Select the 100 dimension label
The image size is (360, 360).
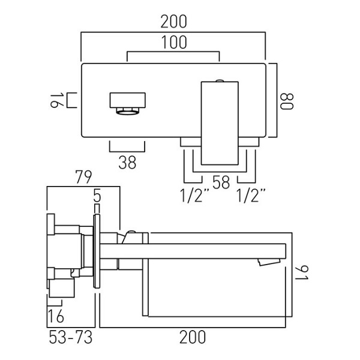(x=174, y=43)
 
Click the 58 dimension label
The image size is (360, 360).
(x=221, y=183)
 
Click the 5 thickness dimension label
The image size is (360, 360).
(x=97, y=195)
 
